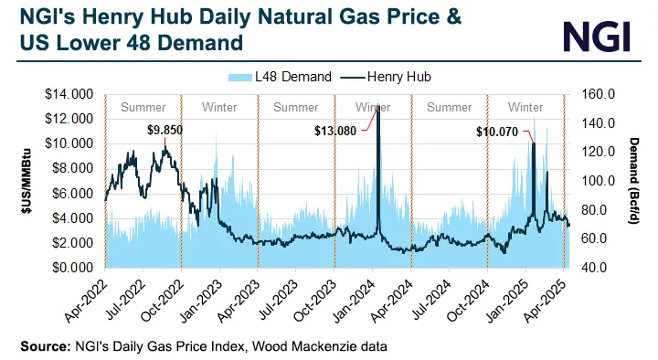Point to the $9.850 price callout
click(165, 129)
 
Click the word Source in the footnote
click(43, 346)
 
